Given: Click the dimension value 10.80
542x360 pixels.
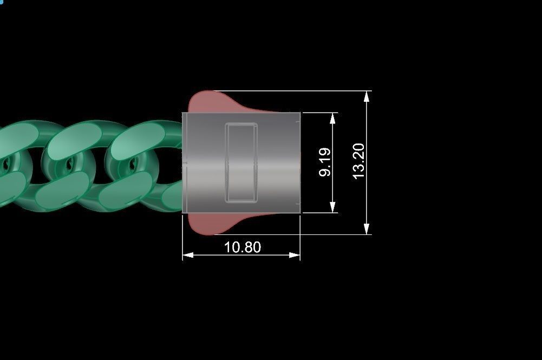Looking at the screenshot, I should pyautogui.click(x=242, y=247).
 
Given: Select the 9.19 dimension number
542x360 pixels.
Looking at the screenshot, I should pyautogui.click(x=325, y=163).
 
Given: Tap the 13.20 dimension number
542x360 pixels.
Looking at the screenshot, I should pyautogui.click(x=359, y=162).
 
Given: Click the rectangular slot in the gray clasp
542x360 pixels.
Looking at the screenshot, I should pyautogui.click(x=241, y=163).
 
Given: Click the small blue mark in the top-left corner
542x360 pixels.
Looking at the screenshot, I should pyautogui.click(x=2, y=2).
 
